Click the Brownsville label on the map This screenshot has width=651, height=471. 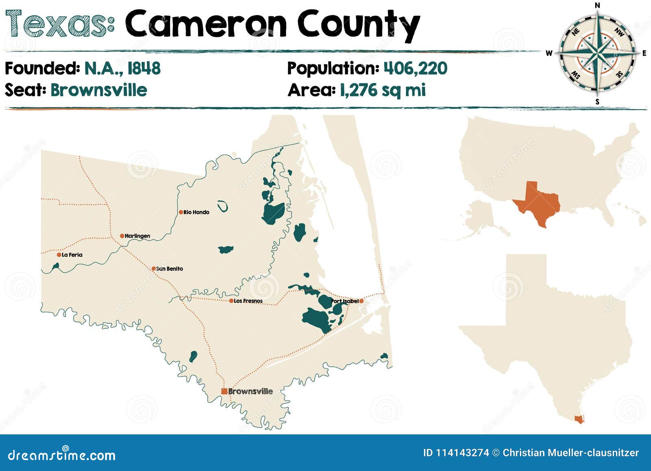(x=250, y=391)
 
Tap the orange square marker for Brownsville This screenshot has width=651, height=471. (x=224, y=391)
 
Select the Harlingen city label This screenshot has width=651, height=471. (x=137, y=236)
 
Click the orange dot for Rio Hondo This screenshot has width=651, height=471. (x=181, y=212)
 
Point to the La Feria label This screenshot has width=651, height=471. (x=72, y=255)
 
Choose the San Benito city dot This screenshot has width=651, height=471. (x=153, y=269)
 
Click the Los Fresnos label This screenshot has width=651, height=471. (x=248, y=301)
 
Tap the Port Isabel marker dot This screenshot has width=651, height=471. (x=361, y=301)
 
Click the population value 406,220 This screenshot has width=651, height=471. (x=415, y=68)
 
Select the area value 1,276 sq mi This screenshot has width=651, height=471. (x=383, y=90)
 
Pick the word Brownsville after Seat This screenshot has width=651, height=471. (x=98, y=90)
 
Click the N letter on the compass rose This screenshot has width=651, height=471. (x=597, y=5)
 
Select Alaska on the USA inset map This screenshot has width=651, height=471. (x=480, y=218)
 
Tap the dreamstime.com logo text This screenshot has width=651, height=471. (x=61, y=455)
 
